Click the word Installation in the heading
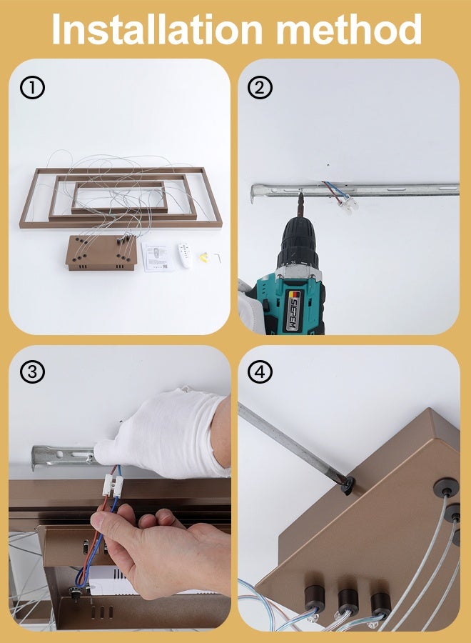157,29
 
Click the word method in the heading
348,29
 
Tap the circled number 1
32,88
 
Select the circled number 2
260,87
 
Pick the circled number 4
260,372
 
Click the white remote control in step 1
185,255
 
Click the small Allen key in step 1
218,258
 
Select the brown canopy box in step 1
101,253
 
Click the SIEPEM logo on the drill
293,309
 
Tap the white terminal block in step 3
113,484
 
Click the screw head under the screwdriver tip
348,485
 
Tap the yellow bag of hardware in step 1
204,257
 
